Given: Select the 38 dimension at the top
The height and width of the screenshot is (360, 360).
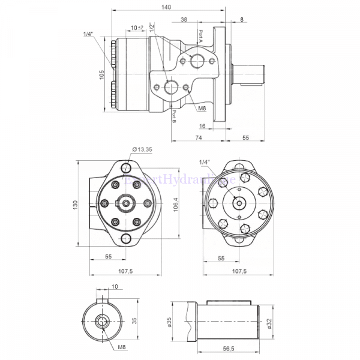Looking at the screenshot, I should pos(183,19).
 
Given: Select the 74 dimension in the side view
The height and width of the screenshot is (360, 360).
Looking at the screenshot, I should pos(197,138).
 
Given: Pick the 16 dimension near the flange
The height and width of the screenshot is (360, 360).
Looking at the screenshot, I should pos(202,126).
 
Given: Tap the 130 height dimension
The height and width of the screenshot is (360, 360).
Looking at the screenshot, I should pos(76,205).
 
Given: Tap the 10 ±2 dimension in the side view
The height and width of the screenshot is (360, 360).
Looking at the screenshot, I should pos(137,28).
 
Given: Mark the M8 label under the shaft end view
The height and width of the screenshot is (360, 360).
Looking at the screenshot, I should pos(122,347).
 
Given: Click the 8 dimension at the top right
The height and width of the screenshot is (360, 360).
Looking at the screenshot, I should pos(242,19).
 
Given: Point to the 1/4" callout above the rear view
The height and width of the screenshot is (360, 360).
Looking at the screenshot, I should pos(205,163).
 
